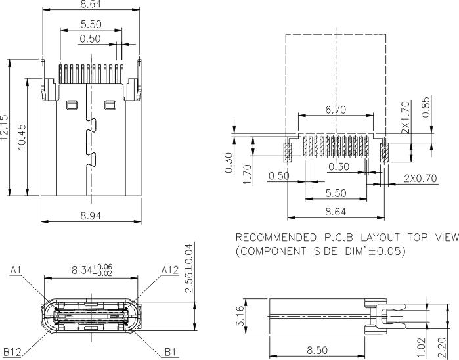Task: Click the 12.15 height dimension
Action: [x=6, y=128]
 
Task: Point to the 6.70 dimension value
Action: [x=336, y=110]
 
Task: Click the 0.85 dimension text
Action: [x=427, y=107]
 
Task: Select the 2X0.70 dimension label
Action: [x=420, y=177]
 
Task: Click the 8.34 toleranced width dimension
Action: [x=91, y=269]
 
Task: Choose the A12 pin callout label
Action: [x=170, y=270]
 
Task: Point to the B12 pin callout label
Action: [x=12, y=352]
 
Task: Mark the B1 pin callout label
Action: [x=170, y=352]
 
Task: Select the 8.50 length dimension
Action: [x=317, y=351]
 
